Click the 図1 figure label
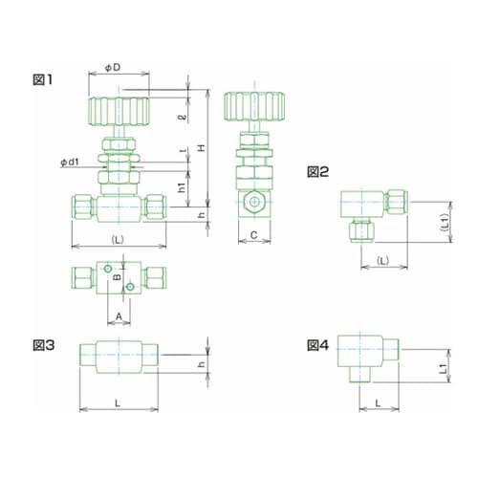(43, 79)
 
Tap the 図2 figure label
(317, 172)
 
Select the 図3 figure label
(44, 345)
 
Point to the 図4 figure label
(317, 345)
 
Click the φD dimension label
(113, 68)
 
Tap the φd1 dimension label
(70, 163)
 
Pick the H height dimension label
(202, 148)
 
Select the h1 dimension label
(182, 187)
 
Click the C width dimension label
(253, 235)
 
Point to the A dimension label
(119, 316)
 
